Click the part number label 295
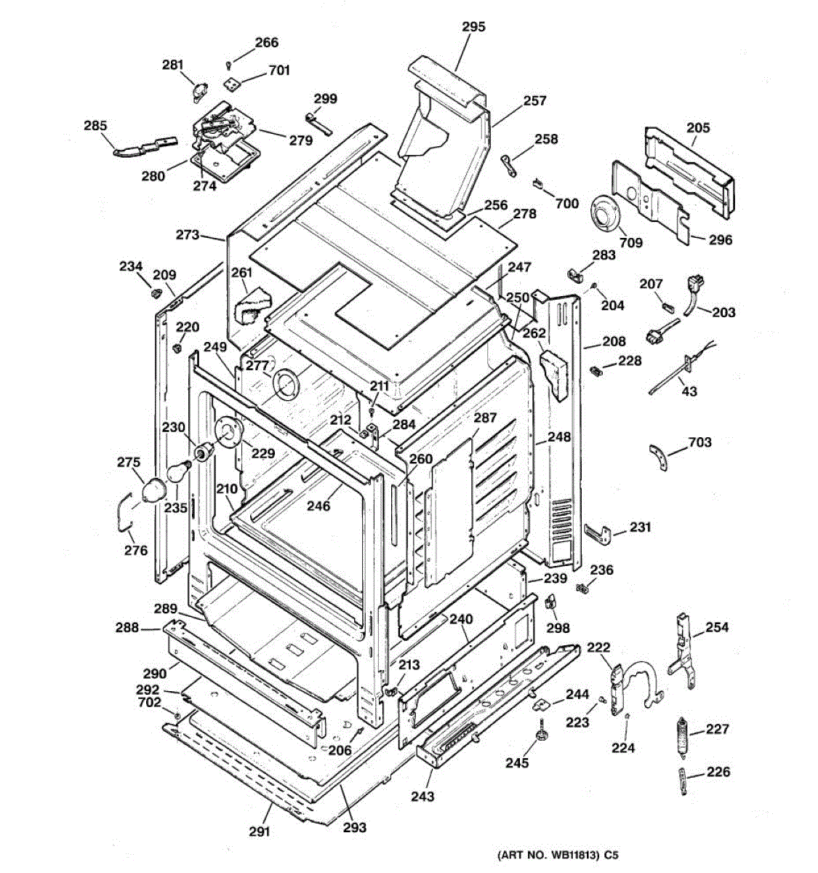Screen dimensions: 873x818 (473, 27)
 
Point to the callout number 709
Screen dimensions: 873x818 (630, 242)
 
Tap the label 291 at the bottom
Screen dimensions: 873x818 (260, 831)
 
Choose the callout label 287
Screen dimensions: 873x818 (485, 418)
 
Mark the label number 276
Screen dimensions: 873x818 (135, 550)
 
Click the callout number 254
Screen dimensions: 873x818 (717, 627)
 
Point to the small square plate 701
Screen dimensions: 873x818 (231, 83)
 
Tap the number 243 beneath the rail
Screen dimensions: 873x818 (422, 796)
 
